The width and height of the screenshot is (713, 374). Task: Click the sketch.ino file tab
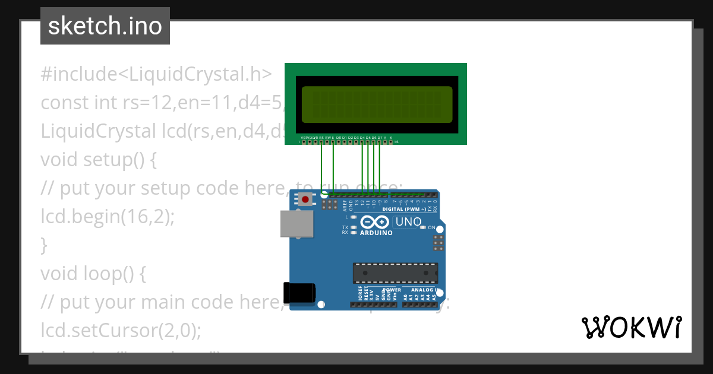click(105, 26)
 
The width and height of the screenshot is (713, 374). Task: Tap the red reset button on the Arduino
click(305, 199)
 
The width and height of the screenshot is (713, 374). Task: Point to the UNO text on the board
click(408, 222)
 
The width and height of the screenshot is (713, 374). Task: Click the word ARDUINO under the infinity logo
click(376, 233)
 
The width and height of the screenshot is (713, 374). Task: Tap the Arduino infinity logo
click(376, 222)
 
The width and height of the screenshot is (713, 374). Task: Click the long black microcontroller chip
click(395, 272)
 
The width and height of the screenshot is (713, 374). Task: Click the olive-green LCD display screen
click(377, 104)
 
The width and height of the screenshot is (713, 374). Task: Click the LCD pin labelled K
click(390, 142)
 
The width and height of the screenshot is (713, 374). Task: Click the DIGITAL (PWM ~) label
click(404, 210)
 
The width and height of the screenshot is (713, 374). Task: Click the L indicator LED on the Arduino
click(354, 217)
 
